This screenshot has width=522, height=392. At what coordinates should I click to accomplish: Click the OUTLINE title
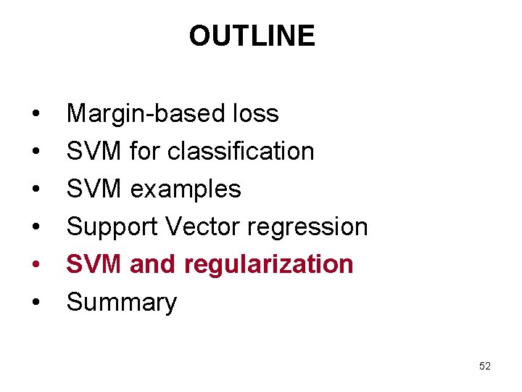[x=252, y=36]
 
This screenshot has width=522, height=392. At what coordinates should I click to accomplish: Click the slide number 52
[x=485, y=367]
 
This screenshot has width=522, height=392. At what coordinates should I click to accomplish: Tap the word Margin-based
[x=142, y=114]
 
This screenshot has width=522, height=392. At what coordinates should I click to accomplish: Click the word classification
[x=241, y=152]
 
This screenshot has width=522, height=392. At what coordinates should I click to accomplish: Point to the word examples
[x=186, y=189]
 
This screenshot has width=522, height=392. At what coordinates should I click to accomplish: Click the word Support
[x=112, y=227]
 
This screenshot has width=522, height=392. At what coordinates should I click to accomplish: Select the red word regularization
[x=269, y=265]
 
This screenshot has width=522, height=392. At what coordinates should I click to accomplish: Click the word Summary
[x=121, y=303]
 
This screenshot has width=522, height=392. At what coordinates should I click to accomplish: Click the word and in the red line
[x=153, y=264]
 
